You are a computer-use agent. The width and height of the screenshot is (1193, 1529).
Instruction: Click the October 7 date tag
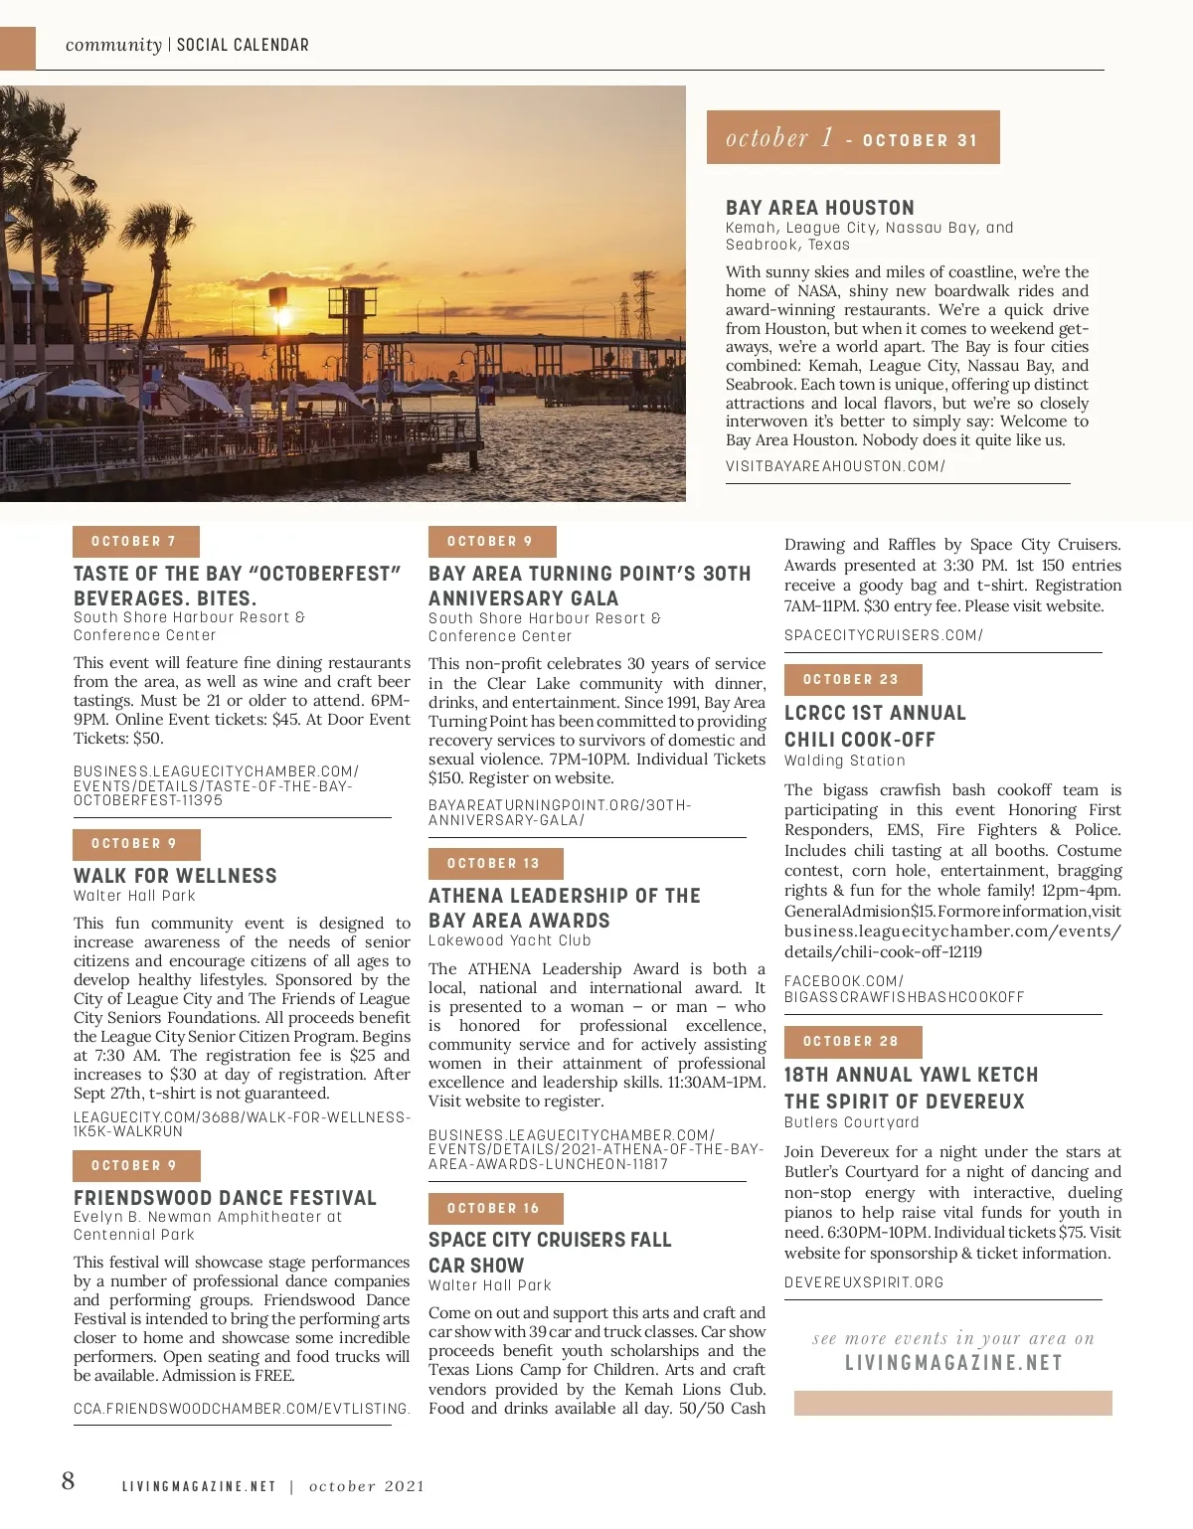click(135, 542)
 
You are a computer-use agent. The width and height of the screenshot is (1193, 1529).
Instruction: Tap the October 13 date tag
click(495, 864)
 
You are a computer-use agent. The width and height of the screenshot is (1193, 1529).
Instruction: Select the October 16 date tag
click(495, 1209)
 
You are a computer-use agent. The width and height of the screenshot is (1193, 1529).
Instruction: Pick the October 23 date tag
click(852, 680)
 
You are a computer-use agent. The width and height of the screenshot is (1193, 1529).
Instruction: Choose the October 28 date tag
click(852, 1042)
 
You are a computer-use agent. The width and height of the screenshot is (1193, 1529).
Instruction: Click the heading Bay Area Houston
click(819, 208)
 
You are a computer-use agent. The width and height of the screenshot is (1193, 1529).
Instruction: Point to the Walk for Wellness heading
click(175, 876)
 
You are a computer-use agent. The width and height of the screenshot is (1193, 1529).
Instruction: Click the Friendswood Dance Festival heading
click(225, 1198)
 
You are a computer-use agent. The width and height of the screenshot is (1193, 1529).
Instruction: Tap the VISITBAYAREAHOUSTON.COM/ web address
click(835, 466)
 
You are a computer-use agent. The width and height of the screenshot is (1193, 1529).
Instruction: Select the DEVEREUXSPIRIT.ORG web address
click(864, 1282)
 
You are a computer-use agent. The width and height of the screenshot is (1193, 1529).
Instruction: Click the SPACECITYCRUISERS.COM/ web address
click(883, 635)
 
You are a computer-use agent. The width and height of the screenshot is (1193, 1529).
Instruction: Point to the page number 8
click(68, 1481)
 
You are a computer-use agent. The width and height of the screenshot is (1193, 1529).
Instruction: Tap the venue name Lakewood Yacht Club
click(509, 940)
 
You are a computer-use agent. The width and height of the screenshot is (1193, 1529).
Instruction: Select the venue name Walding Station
click(844, 761)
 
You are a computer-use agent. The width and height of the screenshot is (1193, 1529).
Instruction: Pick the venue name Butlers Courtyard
click(851, 1122)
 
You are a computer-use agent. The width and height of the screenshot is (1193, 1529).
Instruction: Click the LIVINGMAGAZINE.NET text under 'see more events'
click(953, 1363)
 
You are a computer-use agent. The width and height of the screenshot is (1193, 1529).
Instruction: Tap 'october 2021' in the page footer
click(367, 1486)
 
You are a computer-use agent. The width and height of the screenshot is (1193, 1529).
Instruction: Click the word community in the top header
click(113, 45)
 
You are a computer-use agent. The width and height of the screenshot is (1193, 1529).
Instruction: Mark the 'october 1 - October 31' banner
click(852, 138)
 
